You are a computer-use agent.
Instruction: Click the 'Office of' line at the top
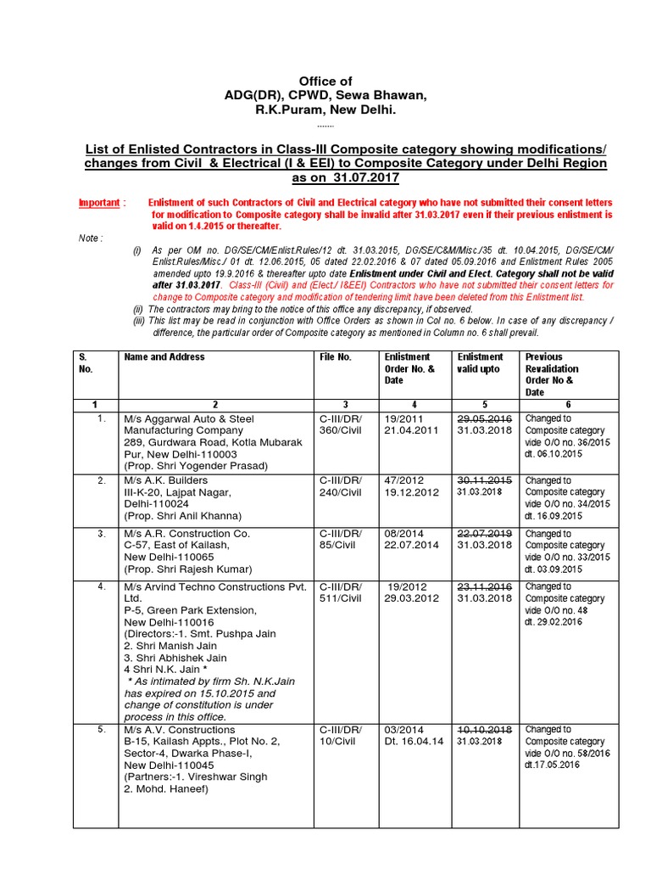[x=326, y=81]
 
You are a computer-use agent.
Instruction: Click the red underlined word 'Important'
[x=99, y=204]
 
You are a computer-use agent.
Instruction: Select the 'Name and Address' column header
[x=164, y=357]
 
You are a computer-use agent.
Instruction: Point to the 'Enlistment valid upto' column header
[x=480, y=363]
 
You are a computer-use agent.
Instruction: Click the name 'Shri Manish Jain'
[x=175, y=645]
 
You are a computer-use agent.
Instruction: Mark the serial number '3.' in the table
[x=102, y=534]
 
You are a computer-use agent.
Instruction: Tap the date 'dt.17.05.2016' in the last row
[x=553, y=765]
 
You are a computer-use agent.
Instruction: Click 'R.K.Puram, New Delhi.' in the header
[x=326, y=110]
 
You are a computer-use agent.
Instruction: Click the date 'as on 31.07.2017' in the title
[x=345, y=178]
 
